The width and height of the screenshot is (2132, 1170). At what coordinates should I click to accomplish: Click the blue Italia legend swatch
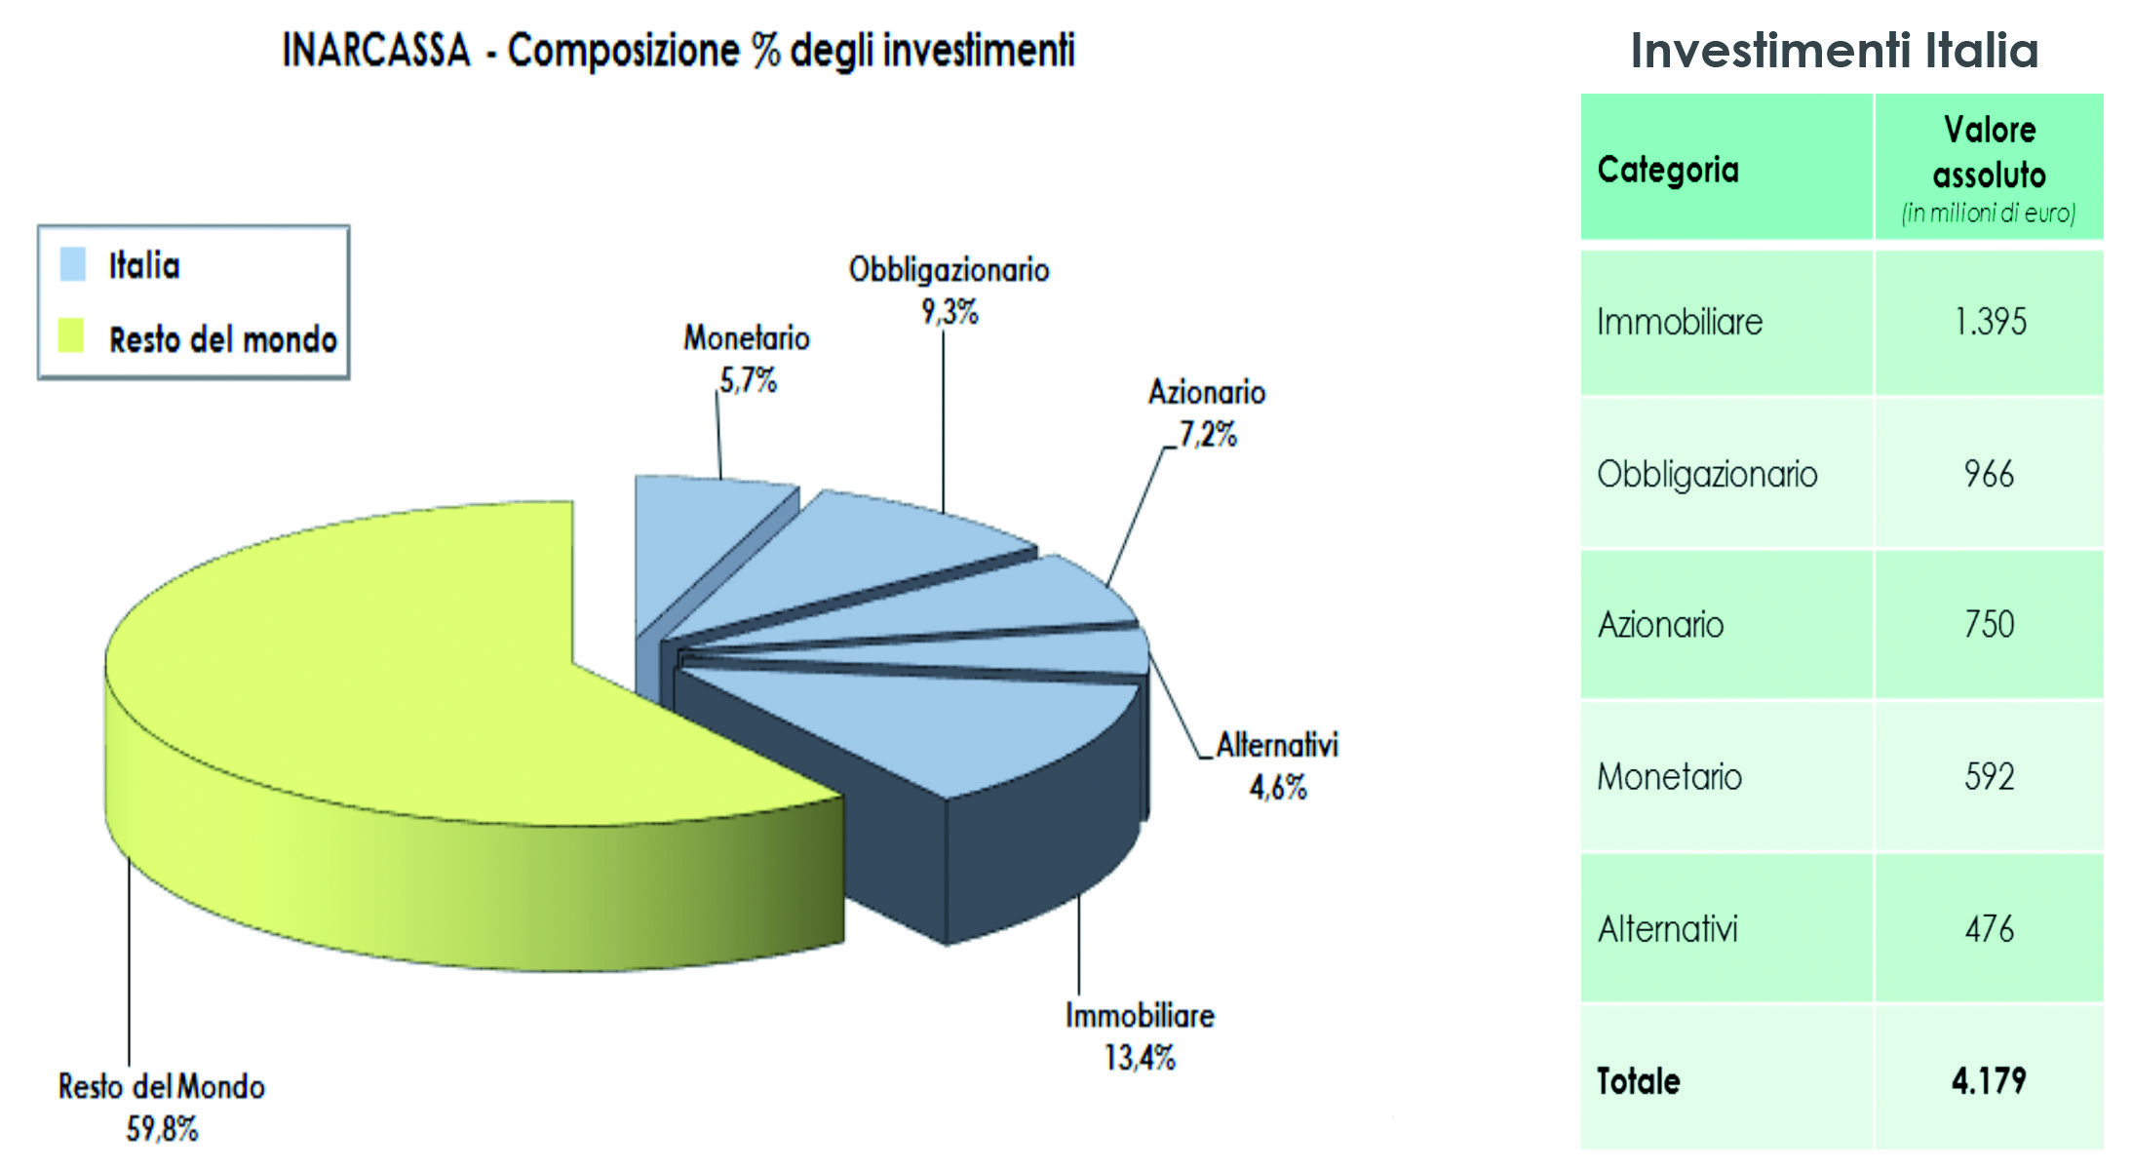point(73,264)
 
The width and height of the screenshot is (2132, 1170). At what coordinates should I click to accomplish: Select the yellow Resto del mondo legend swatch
point(71,335)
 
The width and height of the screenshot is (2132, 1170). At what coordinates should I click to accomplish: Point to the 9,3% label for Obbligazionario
point(950,312)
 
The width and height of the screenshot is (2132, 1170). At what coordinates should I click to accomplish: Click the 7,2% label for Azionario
point(1208,434)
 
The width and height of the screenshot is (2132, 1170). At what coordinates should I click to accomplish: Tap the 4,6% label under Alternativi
point(1277,787)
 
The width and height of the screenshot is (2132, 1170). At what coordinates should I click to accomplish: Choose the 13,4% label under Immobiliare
point(1140,1057)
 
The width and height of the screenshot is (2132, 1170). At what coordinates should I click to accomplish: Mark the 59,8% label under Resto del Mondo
point(162,1129)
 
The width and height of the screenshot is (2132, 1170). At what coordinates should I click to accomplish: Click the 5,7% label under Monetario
point(748,380)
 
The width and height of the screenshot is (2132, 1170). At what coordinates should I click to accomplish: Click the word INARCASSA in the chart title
point(376,51)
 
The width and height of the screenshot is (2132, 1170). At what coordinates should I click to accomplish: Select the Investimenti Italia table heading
point(1834,51)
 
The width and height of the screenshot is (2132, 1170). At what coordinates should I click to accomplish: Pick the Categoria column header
point(1667,170)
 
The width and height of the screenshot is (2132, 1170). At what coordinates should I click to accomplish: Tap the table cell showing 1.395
point(1990,322)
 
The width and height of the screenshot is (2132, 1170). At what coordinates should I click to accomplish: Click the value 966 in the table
point(1989,475)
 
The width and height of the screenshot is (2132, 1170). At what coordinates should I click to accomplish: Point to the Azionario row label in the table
point(1660,624)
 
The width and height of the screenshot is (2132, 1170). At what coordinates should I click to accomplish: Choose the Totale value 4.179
point(1989,1080)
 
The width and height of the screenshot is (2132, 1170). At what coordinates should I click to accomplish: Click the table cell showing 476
point(1989,929)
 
